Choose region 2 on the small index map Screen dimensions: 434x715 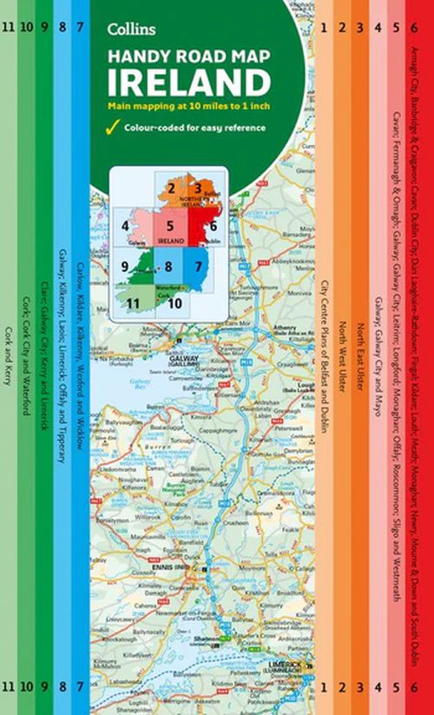[x=174, y=189]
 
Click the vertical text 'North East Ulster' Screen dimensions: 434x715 [x=359, y=356]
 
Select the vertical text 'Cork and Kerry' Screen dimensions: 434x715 [x=8, y=374]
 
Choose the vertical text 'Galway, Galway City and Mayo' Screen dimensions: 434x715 [x=378, y=356]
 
